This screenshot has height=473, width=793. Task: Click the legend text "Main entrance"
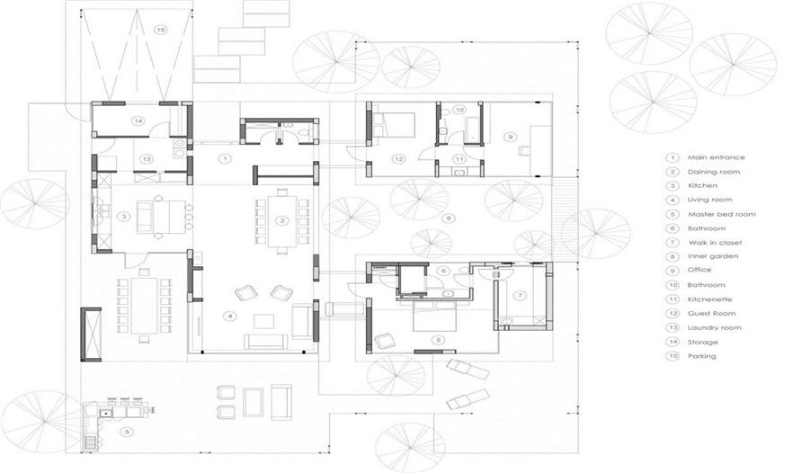716,157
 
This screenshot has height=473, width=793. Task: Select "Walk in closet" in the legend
715,243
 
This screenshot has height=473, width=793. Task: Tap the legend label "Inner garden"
713,256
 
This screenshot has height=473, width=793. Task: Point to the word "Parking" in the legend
702,356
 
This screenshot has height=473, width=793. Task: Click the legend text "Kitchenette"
710,299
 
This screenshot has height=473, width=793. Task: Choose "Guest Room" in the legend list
711,314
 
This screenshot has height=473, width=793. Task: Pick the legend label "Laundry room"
715,328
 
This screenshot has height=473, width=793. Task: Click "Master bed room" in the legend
722,215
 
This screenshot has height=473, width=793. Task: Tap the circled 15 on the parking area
160,31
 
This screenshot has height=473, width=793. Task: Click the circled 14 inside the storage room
138,120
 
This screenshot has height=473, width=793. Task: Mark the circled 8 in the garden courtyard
448,219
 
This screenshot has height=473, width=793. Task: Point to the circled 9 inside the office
511,137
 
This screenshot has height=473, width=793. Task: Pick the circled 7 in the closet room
520,296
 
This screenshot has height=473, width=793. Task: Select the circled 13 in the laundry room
147,159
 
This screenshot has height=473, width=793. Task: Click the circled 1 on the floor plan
225,159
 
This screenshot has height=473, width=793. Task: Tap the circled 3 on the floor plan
124,217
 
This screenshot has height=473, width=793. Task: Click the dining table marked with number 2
282,221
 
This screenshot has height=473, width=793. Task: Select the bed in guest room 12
394,125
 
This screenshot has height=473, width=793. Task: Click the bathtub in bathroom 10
472,125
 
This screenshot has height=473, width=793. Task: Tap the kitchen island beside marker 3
162,217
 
